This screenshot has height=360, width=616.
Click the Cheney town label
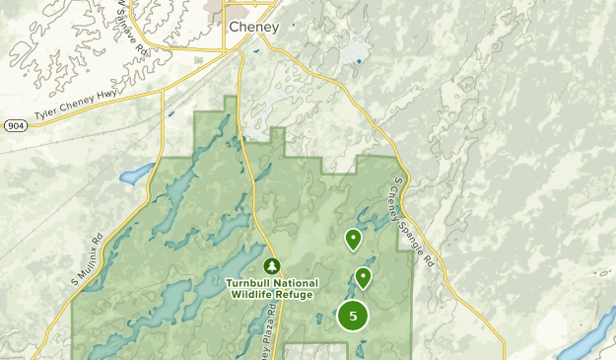pyautogui.click(x=253, y=27)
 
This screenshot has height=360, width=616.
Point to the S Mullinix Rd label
pyautogui.click(x=87, y=259)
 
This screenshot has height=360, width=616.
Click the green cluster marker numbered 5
pyautogui.click(x=353, y=316)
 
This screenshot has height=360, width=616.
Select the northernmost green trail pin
pyautogui.click(x=353, y=239)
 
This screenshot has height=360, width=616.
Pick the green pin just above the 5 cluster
pyautogui.click(x=364, y=277)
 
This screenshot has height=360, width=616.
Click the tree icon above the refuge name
pyautogui.click(x=272, y=266)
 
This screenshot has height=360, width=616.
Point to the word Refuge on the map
pyautogui.click(x=296, y=294)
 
